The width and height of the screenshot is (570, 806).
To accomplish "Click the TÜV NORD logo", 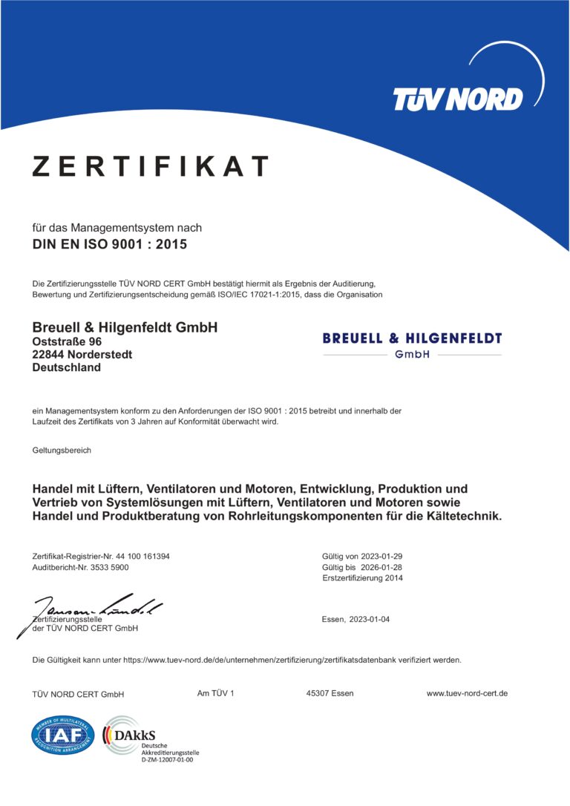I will point(457,98).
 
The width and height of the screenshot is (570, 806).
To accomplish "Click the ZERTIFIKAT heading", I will point(149,166).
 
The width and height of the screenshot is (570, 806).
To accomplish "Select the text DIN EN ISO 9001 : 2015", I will point(110,243).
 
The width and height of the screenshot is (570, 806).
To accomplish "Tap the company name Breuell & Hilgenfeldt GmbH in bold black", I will point(125,327).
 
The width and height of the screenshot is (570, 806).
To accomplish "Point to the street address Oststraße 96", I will point(68,341).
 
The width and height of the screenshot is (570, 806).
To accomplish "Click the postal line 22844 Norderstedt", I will point(82,355).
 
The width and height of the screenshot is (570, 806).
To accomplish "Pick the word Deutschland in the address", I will point(67,367).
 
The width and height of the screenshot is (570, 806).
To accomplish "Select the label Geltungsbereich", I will point(62,450).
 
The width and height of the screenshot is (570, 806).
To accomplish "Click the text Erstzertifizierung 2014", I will point(362,578).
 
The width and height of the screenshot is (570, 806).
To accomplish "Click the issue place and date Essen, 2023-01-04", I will point(356,619).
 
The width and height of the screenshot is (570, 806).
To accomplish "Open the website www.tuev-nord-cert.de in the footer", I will point(467,693).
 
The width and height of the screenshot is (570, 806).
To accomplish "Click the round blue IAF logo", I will point(63,735).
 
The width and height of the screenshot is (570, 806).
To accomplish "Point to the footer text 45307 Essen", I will point(330,693).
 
